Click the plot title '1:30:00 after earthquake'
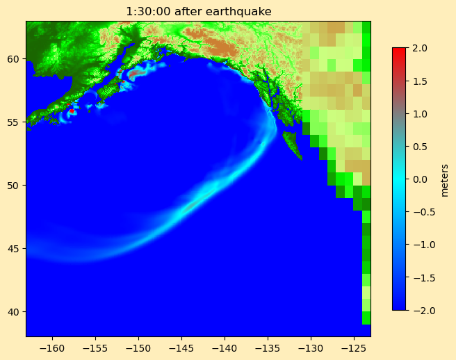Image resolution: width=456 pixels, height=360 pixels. (x=198, y=11)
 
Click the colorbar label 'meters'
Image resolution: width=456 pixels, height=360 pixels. (x=444, y=179)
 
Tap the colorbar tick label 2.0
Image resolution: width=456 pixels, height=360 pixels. (x=421, y=48)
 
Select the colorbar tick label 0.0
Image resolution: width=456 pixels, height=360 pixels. (x=421, y=179)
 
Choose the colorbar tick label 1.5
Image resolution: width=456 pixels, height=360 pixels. (x=421, y=81)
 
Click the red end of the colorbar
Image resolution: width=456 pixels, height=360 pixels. (x=399, y=51)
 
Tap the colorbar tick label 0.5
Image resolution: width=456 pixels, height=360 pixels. (x=421, y=146)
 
